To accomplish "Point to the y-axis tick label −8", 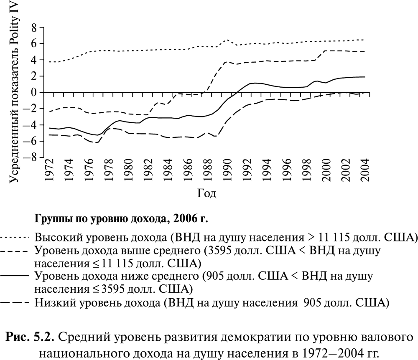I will (x=31, y=158).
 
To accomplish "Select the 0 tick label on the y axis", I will (x=35, y=93).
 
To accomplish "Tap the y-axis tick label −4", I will (x=31, y=125).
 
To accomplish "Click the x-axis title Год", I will (x=207, y=193).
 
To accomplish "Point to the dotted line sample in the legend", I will (x=16, y=238).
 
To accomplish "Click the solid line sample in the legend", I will (x=16, y=276).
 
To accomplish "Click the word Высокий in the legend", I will (x=57, y=238).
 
